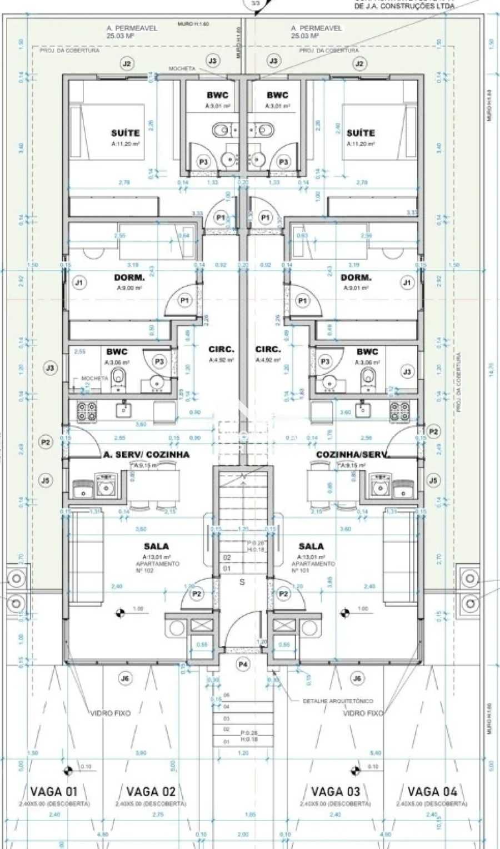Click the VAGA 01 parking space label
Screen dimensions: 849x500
pos(54,791)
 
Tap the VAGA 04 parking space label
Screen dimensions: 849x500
pos(432,791)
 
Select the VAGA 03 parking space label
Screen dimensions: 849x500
pos(336,791)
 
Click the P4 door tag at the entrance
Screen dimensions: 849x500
pos(243,664)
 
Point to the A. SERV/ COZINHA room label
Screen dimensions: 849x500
pos(146,454)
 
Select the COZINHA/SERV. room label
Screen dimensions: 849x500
pos(352,454)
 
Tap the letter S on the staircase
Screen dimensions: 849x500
pos(242,582)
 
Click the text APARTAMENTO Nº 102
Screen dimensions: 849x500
pos(157,567)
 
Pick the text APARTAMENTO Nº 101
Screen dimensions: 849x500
pos(313,567)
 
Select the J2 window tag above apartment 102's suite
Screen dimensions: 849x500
pos(127,64)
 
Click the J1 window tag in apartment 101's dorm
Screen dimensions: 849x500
pos(407,282)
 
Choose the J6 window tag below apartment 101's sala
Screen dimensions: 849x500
pos(358,678)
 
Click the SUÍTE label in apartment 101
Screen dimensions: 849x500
pos(361,133)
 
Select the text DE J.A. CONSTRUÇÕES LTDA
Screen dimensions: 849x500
pos(404,7)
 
